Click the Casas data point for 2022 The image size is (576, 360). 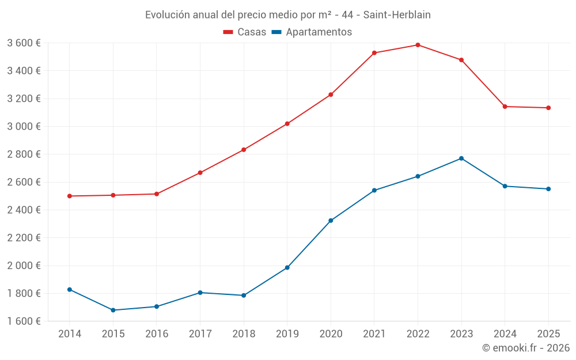tap(418, 45)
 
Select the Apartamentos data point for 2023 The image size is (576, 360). tap(461, 158)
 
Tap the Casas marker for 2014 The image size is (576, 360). tap(70, 196)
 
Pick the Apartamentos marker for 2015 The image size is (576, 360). tap(113, 310)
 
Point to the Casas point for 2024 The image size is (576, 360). tap(505, 107)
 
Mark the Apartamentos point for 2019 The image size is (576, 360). tap(287, 267)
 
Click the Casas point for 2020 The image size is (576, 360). tap(331, 94)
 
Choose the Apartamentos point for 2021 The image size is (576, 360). tap(374, 190)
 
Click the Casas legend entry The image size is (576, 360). tap(245, 32)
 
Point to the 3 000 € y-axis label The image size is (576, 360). tap(24, 126)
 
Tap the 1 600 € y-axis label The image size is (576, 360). tap(24, 321)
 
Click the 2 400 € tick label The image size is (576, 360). tap(24, 210)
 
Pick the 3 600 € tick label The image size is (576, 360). tap(24, 43)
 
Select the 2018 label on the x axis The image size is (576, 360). tap(244, 334)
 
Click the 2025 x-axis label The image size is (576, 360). tap(548, 334)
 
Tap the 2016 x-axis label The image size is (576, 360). tap(157, 334)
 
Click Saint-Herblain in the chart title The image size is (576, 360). tap(397, 14)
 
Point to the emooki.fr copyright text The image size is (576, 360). tap(526, 348)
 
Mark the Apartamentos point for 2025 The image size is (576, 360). tap(548, 189)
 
